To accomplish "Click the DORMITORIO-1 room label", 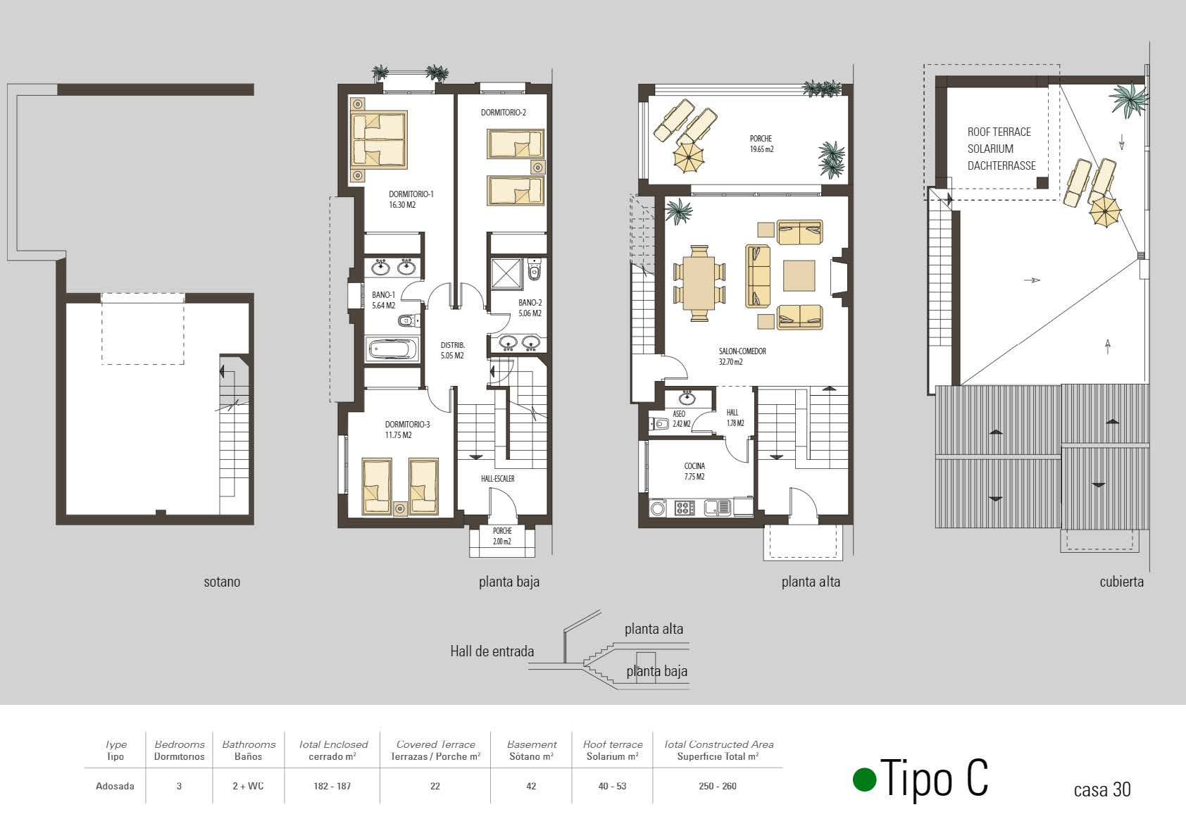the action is (411, 194).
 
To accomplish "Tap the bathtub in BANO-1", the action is (393, 350).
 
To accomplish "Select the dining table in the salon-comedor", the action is (699, 283).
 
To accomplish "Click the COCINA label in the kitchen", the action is (694, 466).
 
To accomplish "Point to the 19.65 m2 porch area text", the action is (761, 149).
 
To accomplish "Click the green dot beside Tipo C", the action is (864, 780).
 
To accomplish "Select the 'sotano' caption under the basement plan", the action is (222, 582).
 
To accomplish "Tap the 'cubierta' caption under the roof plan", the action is (1121, 582).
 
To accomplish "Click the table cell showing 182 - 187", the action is (332, 786).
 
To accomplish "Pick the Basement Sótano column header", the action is (532, 750).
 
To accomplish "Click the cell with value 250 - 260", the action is (718, 786).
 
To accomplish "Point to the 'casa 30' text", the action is (1101, 790).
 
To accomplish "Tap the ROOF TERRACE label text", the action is (999, 132).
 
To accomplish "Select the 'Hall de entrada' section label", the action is (492, 651).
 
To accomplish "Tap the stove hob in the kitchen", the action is (684, 508).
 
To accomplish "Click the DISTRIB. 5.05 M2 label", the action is (452, 351).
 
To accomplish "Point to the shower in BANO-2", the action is (506, 274).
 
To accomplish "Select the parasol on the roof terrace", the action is (1105, 211).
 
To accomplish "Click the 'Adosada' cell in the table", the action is (115, 786).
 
